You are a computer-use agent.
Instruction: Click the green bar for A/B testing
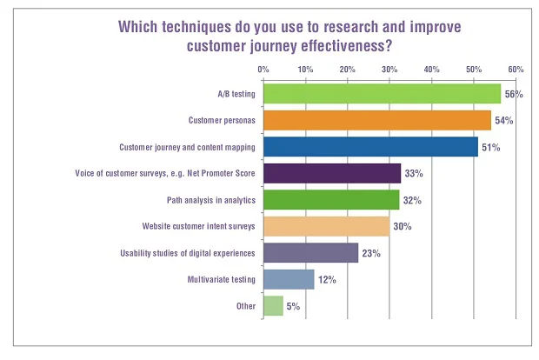click(x=382, y=93)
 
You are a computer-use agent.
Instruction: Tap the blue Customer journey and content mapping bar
click(x=370, y=146)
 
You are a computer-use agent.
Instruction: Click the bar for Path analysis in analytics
click(x=330, y=199)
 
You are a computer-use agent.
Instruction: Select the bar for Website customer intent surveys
click(x=326, y=226)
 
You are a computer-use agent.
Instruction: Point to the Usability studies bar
click(x=310, y=253)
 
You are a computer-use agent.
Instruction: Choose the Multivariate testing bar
click(x=288, y=279)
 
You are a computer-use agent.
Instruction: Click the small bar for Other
click(x=273, y=306)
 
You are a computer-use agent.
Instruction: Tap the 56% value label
click(x=514, y=94)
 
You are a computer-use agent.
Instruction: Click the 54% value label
click(x=504, y=120)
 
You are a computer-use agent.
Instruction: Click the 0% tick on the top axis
click(x=263, y=69)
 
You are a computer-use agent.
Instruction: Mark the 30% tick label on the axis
click(x=389, y=69)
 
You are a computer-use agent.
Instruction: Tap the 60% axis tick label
click(x=516, y=69)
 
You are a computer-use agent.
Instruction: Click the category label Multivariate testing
click(x=221, y=279)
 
